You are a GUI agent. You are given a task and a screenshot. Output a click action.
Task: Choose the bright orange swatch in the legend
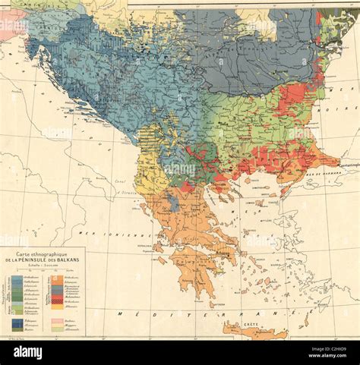coord(56,278)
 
